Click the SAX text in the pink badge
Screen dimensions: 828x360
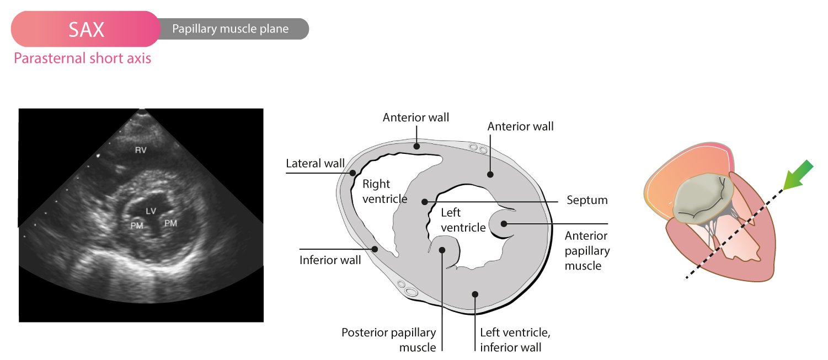tap(86, 29)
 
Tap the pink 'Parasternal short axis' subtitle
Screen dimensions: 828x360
tap(82, 58)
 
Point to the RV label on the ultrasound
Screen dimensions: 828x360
tap(141, 150)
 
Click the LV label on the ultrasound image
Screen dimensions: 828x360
tap(151, 211)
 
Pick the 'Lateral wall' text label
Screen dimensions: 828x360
tap(316, 163)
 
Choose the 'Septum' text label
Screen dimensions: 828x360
tap(587, 200)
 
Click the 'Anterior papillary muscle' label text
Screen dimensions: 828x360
tap(587, 251)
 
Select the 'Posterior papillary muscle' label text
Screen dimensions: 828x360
tap(389, 340)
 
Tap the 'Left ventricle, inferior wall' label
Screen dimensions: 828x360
tap(515, 340)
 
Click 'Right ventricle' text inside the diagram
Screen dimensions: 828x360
tap(385, 191)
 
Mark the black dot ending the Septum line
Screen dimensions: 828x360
tap(425, 202)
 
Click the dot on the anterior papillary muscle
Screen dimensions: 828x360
tap(504, 224)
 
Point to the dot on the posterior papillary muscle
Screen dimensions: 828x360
tap(442, 250)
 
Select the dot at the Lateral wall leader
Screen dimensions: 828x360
tap(352, 173)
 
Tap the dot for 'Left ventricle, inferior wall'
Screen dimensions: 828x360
tap(476, 294)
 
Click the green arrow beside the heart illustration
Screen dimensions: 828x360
tap(798, 175)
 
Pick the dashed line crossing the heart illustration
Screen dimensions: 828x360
tap(734, 235)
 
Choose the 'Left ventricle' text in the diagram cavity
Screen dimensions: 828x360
tap(463, 220)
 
